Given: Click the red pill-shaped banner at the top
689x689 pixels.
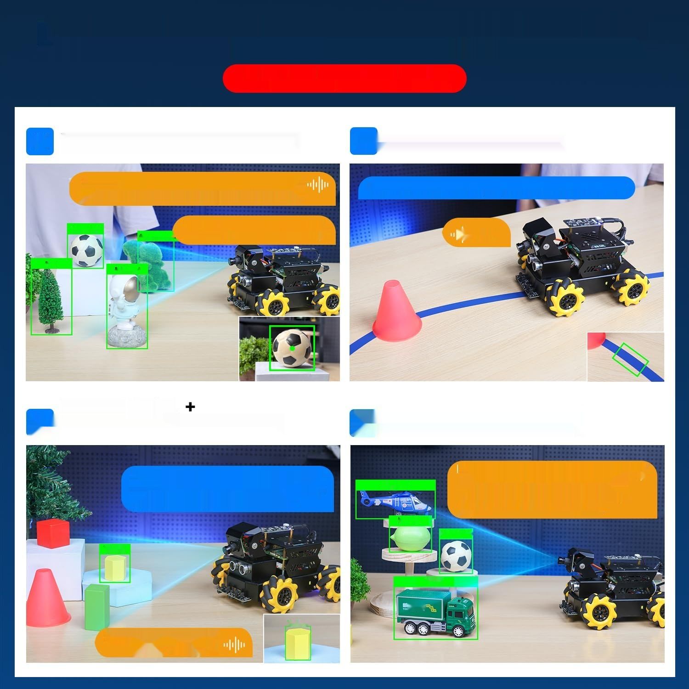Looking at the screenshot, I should [x=344, y=79].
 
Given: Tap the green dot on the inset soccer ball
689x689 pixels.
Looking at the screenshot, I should [x=292, y=348].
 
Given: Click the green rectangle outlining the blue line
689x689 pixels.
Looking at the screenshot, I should [x=630, y=359].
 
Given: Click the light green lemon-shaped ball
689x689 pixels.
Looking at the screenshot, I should [x=410, y=538].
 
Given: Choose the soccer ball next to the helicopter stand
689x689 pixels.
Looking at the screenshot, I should [x=456, y=555].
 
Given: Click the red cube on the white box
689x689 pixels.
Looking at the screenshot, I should [x=53, y=533].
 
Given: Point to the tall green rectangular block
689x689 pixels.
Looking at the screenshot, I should [x=97, y=606].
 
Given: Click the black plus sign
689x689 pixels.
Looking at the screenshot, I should [x=190, y=407].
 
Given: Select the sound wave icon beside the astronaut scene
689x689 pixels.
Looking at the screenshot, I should [x=318, y=185].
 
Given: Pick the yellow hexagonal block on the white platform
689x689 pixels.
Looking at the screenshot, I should [x=115, y=567].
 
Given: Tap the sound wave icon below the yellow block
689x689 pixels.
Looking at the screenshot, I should [x=234, y=645].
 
